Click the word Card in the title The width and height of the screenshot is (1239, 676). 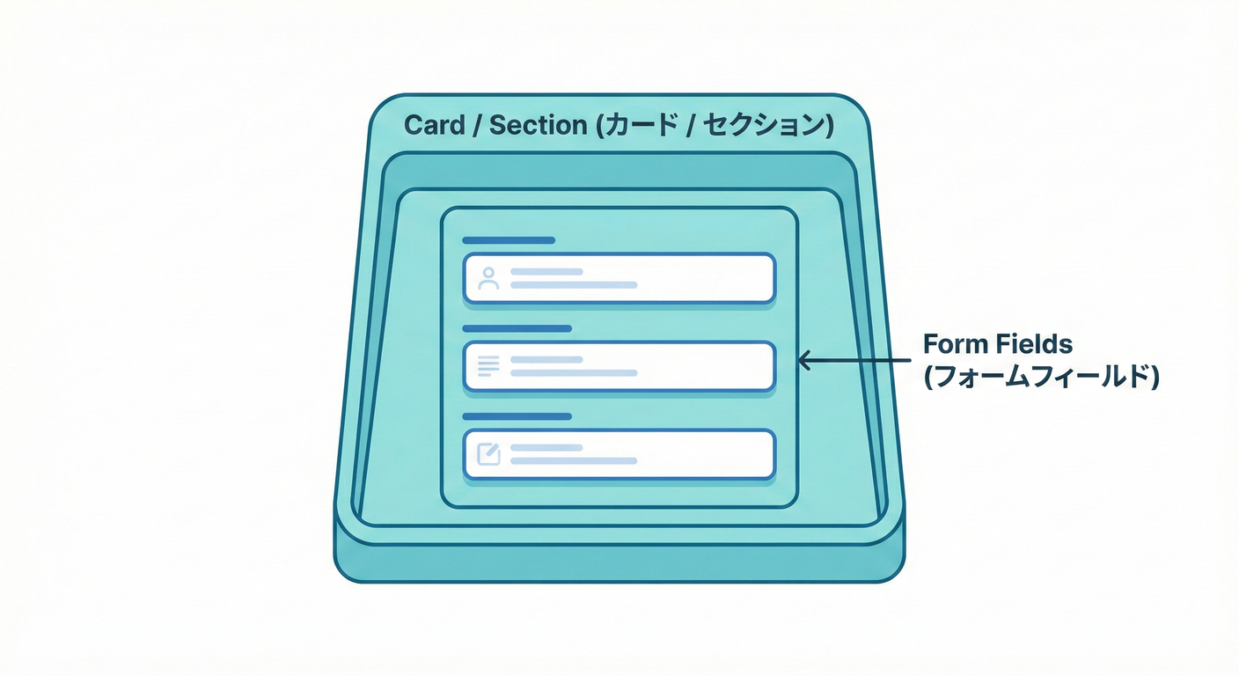tap(435, 125)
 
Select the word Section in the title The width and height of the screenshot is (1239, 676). tap(538, 125)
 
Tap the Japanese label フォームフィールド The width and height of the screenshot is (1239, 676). tap(1041, 377)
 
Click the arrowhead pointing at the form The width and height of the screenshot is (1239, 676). tap(803, 359)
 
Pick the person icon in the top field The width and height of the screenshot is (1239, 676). tap(488, 279)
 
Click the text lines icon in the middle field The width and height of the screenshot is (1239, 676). tap(488, 366)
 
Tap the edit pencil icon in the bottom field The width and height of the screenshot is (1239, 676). tap(488, 454)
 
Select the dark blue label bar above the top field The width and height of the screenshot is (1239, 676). tap(509, 240)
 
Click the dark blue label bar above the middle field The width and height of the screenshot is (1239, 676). tap(517, 328)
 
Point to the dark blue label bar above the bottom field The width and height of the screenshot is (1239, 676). tap(517, 416)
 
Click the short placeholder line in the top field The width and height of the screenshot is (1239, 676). tap(546, 272)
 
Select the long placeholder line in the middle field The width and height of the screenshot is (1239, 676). tap(574, 373)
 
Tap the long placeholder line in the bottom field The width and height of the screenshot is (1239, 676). tap(574, 461)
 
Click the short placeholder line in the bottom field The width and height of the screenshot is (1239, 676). tap(546, 448)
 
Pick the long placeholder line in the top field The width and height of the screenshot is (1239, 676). tap(574, 285)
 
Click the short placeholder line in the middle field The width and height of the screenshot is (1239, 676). tap(546, 360)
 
